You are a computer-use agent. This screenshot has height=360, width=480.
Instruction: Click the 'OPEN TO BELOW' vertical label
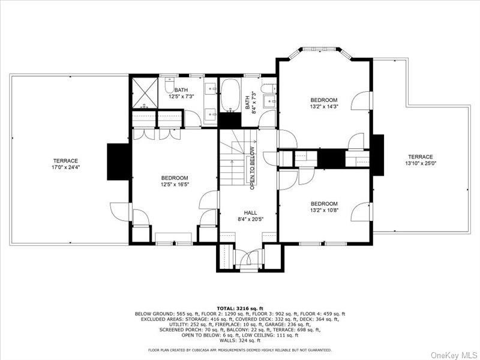tap(253, 167)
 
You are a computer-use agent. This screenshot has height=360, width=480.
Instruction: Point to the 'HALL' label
tap(250, 212)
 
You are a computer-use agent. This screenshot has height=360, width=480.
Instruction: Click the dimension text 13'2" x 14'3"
tap(323, 107)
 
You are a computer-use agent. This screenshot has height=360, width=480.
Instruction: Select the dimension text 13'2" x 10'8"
tap(323, 211)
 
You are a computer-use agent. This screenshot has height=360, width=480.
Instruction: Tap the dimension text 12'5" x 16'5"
tap(174, 185)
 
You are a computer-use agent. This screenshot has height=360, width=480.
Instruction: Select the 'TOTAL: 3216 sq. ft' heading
tap(240, 308)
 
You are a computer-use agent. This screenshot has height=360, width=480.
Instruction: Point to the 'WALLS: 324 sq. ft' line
tap(240, 341)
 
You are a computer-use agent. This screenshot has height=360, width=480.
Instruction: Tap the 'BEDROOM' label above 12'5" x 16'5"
tap(174, 178)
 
